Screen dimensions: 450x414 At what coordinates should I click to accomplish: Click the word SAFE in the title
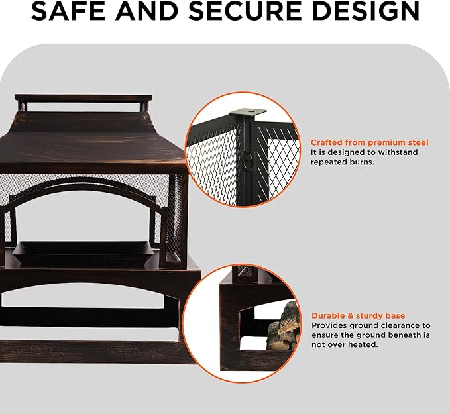tap(70, 11)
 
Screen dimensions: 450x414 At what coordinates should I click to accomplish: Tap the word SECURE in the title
tap(245, 11)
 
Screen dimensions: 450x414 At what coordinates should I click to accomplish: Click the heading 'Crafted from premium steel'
tap(370, 142)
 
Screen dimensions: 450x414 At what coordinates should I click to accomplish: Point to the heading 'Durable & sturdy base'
tap(359, 316)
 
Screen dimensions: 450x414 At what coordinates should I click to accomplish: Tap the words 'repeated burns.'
tap(343, 162)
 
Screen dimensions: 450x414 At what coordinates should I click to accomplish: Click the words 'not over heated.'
tap(345, 344)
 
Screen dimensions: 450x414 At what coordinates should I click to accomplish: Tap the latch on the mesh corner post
tap(248, 159)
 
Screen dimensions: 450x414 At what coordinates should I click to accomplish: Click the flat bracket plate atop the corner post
tap(248, 111)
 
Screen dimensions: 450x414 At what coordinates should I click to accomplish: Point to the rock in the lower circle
tap(284, 325)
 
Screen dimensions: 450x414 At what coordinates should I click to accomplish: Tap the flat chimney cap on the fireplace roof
tap(84, 97)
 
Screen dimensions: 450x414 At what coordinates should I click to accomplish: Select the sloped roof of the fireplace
tap(91, 140)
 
